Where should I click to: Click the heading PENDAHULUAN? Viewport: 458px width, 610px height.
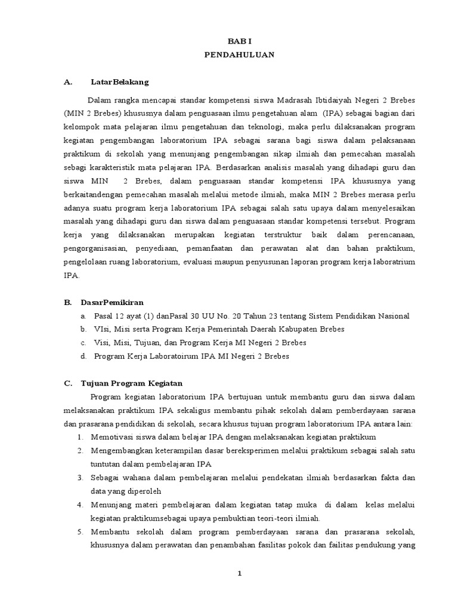[x=239, y=54]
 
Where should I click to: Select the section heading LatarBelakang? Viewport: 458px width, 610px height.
[x=119, y=82]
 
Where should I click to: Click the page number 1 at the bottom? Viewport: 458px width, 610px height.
[x=239, y=573]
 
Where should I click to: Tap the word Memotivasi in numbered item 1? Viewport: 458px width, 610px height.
[x=112, y=437]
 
